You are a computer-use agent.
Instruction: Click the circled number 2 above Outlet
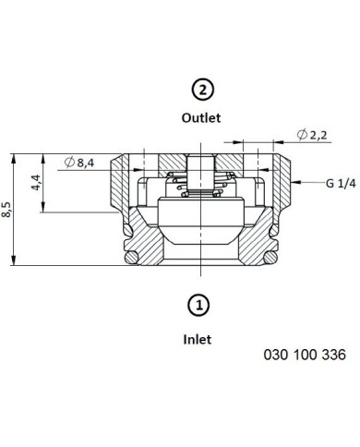click(202, 90)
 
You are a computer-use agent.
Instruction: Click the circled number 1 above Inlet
click(198, 306)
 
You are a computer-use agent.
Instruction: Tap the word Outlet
click(201, 118)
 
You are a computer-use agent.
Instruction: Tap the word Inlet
click(198, 340)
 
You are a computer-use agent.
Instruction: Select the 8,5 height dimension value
click(6, 210)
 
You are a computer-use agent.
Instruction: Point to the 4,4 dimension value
click(36, 183)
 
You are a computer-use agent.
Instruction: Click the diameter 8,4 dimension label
click(79, 162)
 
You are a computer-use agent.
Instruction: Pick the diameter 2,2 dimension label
click(312, 135)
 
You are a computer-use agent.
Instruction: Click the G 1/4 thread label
click(341, 184)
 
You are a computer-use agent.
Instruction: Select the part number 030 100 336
click(305, 355)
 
